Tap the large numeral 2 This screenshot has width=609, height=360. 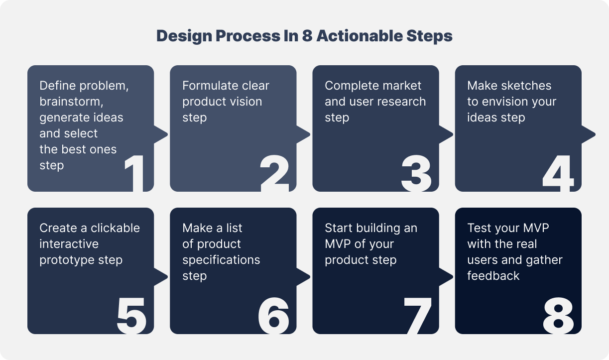[x=275, y=174]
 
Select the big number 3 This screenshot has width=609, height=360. [x=416, y=174]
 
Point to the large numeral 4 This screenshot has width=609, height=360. [x=558, y=174]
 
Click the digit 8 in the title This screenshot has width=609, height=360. [x=307, y=36]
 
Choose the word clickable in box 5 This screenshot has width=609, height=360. [x=115, y=228]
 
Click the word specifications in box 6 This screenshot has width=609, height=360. [x=221, y=260]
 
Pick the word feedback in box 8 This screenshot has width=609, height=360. [x=493, y=276]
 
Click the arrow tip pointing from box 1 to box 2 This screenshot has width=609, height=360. [x=166, y=134]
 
